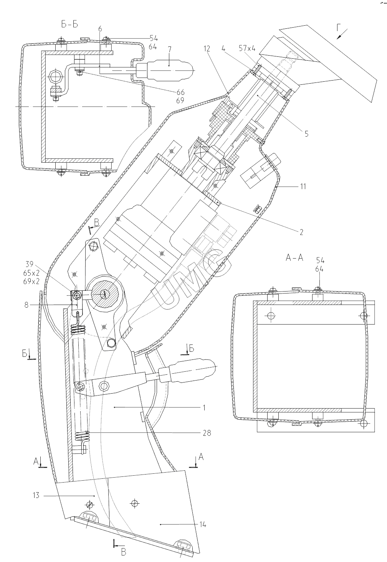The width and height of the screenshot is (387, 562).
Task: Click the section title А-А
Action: pos(294,257)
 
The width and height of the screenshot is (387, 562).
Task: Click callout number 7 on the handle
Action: pos(170,51)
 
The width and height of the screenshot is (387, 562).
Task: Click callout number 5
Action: pos(306,134)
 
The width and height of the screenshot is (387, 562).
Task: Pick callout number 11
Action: pos(303,186)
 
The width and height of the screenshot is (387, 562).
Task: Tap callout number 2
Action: pos(301,232)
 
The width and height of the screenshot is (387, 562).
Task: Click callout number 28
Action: pos(207,433)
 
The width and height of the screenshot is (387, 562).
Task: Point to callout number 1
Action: pos(204,407)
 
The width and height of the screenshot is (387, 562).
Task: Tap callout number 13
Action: pos(36,495)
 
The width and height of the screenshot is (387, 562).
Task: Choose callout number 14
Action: pos(203,524)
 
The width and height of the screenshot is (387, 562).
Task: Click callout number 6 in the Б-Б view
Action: pos(100,29)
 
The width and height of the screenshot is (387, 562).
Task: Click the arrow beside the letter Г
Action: pos(340,35)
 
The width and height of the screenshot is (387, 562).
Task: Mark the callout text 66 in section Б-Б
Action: pos(181,92)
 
